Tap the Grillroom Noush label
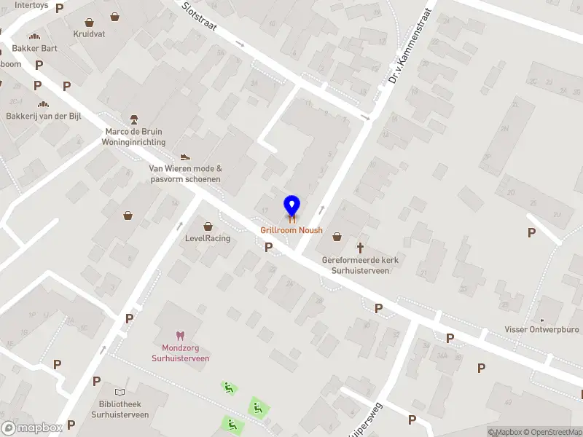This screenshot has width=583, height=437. (x=291, y=230)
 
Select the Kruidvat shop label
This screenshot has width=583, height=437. (x=89, y=34)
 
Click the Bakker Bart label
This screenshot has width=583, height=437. (x=34, y=48)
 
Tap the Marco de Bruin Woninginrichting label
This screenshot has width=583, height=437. (x=135, y=137)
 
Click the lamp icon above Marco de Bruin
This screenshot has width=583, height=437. (x=134, y=119)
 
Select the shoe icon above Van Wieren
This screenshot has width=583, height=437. (x=185, y=157)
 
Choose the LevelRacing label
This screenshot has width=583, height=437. (x=208, y=238)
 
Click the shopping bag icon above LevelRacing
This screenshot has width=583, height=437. (x=208, y=226)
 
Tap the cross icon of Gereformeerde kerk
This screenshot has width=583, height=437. (x=360, y=248)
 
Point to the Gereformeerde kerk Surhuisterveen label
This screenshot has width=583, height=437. (x=360, y=265)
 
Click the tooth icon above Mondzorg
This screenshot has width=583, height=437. (x=181, y=336)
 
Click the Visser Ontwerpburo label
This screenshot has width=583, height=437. (x=541, y=329)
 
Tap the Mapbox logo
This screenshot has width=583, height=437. (x=32, y=428)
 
